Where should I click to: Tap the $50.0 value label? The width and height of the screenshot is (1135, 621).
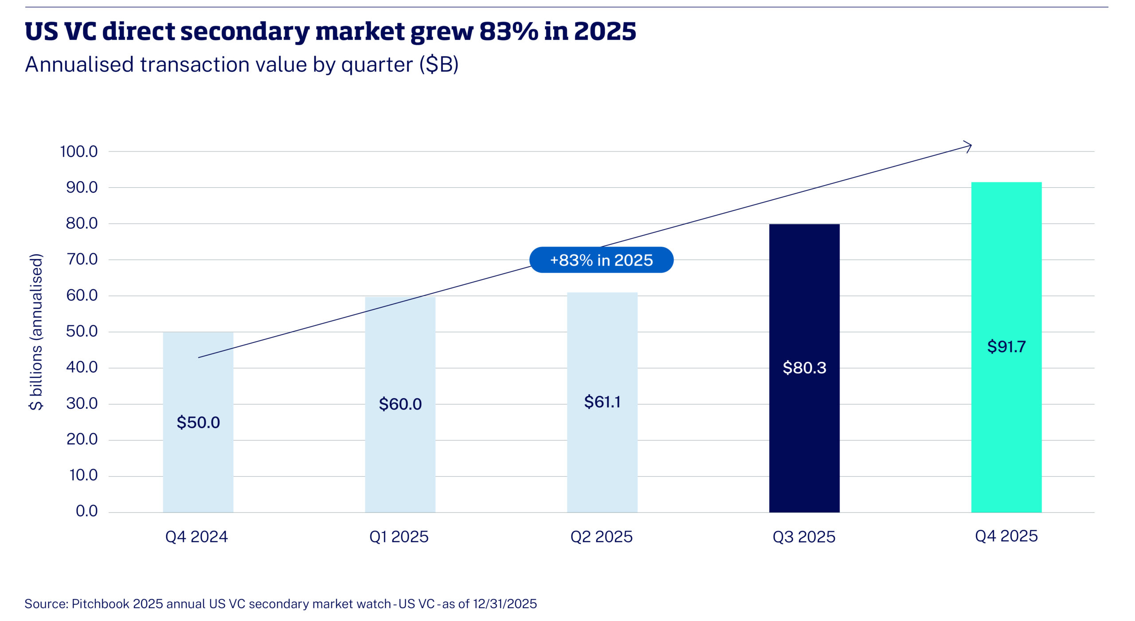pyautogui.click(x=198, y=422)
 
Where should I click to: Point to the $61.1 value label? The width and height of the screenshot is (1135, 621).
pyautogui.click(x=602, y=402)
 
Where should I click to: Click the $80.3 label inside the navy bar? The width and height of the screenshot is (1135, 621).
pyautogui.click(x=804, y=368)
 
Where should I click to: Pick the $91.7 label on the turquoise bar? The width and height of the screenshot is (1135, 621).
pyautogui.click(x=1006, y=346)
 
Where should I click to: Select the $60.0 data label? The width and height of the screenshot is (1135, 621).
pyautogui.click(x=400, y=404)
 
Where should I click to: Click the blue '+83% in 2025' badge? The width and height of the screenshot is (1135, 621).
pyautogui.click(x=601, y=260)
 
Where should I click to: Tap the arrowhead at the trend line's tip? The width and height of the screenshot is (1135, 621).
pyautogui.click(x=968, y=146)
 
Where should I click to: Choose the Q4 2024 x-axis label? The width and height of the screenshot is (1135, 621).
pyautogui.click(x=196, y=537)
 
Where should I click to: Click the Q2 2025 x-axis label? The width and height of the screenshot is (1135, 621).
pyautogui.click(x=601, y=537)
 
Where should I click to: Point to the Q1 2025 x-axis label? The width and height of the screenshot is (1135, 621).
pyautogui.click(x=399, y=537)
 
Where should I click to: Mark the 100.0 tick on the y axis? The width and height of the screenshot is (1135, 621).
pyautogui.click(x=79, y=151)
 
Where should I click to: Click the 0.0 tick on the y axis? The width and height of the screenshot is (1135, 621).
pyautogui.click(x=86, y=511)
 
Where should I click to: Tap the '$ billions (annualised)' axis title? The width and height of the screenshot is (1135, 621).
pyautogui.click(x=36, y=332)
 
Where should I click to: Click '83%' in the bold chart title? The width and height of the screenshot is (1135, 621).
pyautogui.click(x=509, y=31)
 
